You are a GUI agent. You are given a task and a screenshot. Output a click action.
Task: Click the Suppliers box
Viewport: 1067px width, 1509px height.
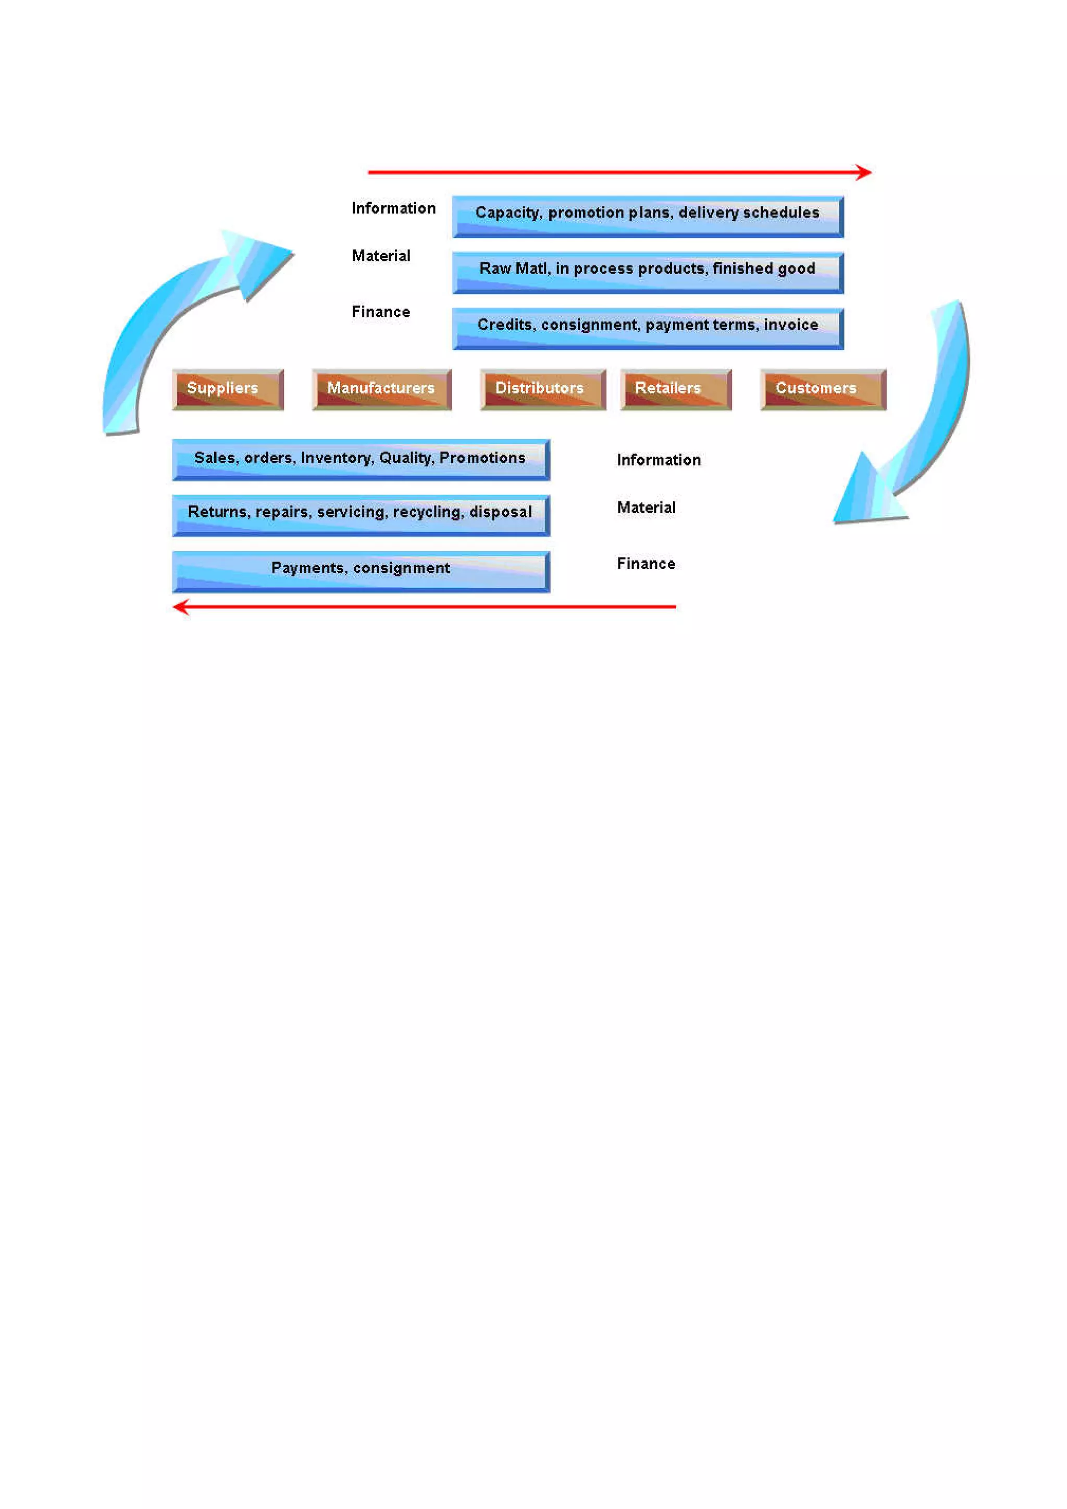pos(227,389)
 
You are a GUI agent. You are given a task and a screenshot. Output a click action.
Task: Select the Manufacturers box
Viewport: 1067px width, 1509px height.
pos(382,389)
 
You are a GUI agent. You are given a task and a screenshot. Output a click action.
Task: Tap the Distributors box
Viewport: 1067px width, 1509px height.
pos(543,389)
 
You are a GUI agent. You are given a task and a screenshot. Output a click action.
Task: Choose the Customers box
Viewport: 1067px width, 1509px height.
pos(823,389)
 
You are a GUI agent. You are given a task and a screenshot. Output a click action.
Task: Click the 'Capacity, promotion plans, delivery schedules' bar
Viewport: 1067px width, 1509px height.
pos(647,216)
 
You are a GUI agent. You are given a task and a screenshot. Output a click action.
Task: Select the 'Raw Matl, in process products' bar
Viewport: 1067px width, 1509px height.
pos(647,272)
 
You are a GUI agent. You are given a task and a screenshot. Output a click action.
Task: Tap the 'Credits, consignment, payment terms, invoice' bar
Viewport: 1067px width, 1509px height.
pos(647,328)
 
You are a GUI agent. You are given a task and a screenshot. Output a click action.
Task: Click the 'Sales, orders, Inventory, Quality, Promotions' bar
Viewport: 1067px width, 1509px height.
pos(361,460)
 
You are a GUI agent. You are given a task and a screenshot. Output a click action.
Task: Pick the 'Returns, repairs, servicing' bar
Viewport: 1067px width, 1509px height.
pos(361,515)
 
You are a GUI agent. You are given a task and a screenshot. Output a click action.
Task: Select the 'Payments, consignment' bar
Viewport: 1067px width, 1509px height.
pos(361,571)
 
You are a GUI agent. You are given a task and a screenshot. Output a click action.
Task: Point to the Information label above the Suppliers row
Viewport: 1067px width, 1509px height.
pos(393,208)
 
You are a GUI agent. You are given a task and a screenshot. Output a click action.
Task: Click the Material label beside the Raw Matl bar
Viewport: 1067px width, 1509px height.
pos(380,256)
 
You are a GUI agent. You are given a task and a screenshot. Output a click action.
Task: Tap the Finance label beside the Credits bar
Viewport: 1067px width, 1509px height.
pos(380,312)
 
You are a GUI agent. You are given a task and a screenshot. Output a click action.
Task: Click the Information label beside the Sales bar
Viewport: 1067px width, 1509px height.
pos(659,460)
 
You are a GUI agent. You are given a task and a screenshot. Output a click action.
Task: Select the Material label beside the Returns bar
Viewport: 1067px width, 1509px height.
pos(646,508)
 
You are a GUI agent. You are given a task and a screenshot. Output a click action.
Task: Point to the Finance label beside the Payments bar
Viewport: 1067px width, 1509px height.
pos(646,563)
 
